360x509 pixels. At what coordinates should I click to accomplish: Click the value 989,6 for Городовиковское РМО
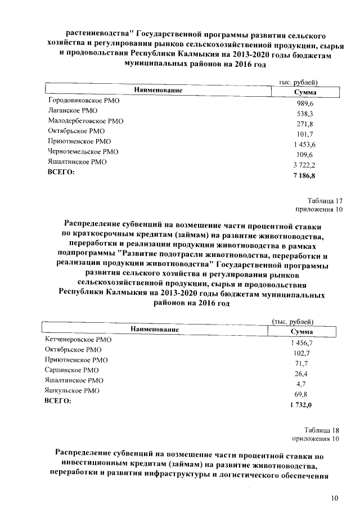pos(305,105)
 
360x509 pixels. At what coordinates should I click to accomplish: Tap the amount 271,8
pos(305,125)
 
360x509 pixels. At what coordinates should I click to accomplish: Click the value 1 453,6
pos(305,145)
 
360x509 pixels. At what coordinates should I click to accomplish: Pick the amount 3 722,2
pos(305,166)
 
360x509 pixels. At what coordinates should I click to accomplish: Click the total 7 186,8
pos(305,176)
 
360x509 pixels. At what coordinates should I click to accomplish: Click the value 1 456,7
pos(301,343)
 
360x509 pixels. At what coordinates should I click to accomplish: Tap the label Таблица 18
pos(323,430)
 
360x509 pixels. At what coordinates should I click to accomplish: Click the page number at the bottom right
pos(335,498)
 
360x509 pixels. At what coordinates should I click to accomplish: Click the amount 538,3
pos(305,115)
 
